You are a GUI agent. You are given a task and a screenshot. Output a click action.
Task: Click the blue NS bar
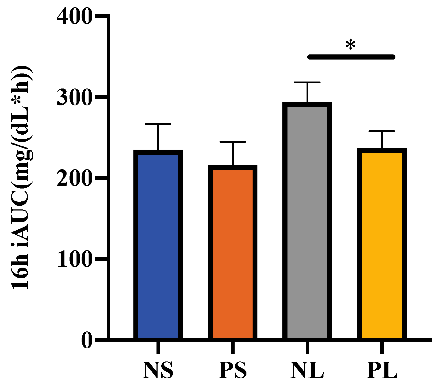coord(158,245)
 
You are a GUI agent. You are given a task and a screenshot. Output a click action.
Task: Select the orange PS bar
coord(232,253)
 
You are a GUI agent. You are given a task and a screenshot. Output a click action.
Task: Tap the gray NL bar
coord(307,221)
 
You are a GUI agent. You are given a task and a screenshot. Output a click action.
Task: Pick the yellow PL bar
coord(382,245)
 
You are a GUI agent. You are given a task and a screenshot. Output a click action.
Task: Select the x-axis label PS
coord(232,370)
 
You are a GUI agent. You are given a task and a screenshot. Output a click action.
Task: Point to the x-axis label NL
coord(307,370)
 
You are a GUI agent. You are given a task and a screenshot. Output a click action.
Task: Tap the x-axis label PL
coord(382,370)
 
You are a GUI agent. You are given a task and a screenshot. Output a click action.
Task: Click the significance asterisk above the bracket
coord(350,45)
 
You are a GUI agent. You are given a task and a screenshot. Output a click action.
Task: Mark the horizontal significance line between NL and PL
coord(351,57)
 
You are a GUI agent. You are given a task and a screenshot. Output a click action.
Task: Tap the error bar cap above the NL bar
coord(307,82)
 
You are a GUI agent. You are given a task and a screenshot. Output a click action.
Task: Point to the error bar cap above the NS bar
coord(158,124)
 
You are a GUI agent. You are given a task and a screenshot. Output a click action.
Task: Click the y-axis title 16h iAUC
coord(21,177)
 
